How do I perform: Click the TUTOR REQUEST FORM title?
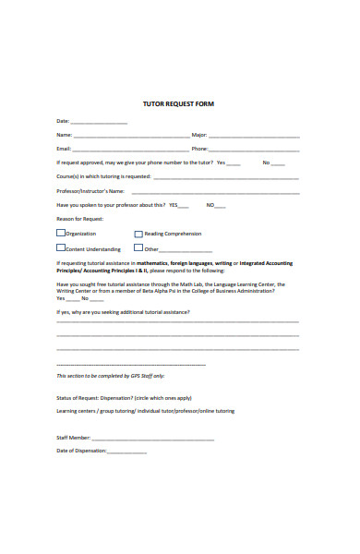[x=179, y=103]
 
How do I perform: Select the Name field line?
[x=130, y=136]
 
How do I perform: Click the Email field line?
[x=130, y=150]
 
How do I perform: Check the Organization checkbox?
[x=61, y=234]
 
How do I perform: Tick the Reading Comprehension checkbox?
[x=138, y=234]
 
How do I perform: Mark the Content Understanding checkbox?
[x=61, y=247]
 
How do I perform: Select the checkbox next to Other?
[x=138, y=247]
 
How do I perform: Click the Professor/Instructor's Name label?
[x=90, y=191]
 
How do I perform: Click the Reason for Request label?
[x=80, y=219]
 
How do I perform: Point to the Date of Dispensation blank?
[x=127, y=452]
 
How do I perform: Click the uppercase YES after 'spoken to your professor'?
[x=174, y=205]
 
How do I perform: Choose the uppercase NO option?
[x=210, y=205]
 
